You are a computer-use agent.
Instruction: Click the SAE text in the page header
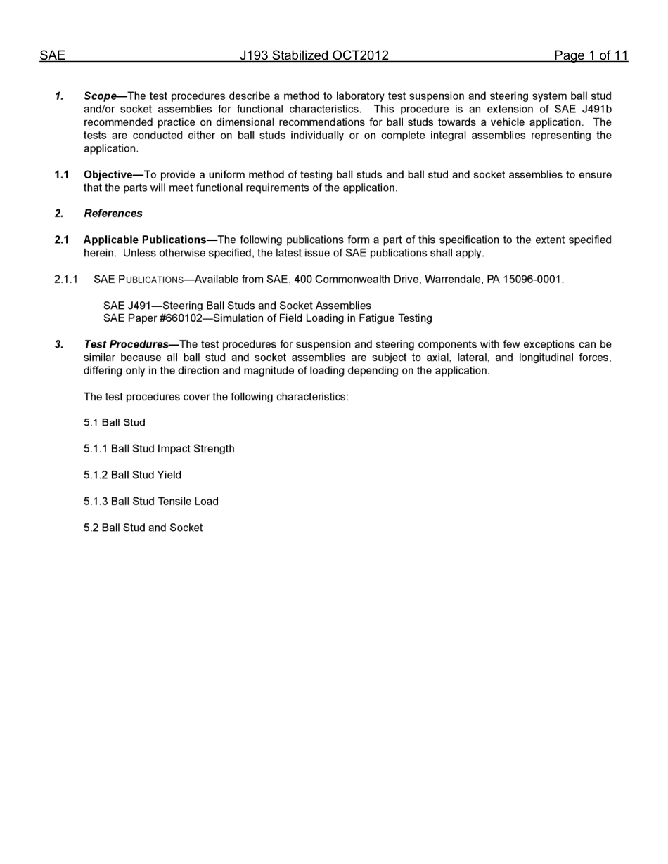point(52,56)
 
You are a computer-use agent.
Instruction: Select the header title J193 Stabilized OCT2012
point(314,56)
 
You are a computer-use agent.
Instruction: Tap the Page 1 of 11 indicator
point(591,56)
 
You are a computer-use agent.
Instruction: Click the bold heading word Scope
point(100,96)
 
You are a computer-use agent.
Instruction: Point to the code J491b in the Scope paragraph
point(597,110)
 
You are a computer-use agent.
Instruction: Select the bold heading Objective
point(111,175)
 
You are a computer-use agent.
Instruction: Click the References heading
point(113,214)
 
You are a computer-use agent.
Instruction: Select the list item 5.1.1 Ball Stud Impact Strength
point(159,449)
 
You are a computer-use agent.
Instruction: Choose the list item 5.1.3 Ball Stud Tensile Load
point(151,502)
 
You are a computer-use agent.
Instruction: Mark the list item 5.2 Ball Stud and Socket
point(143,528)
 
